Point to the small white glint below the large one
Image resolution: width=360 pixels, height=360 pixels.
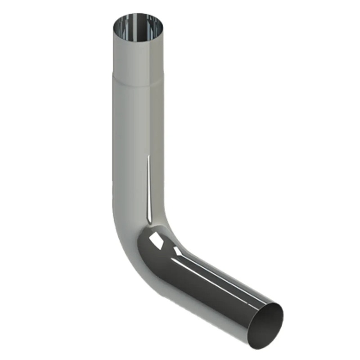pos(178,250)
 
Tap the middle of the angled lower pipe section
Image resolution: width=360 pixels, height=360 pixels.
pos(211,288)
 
